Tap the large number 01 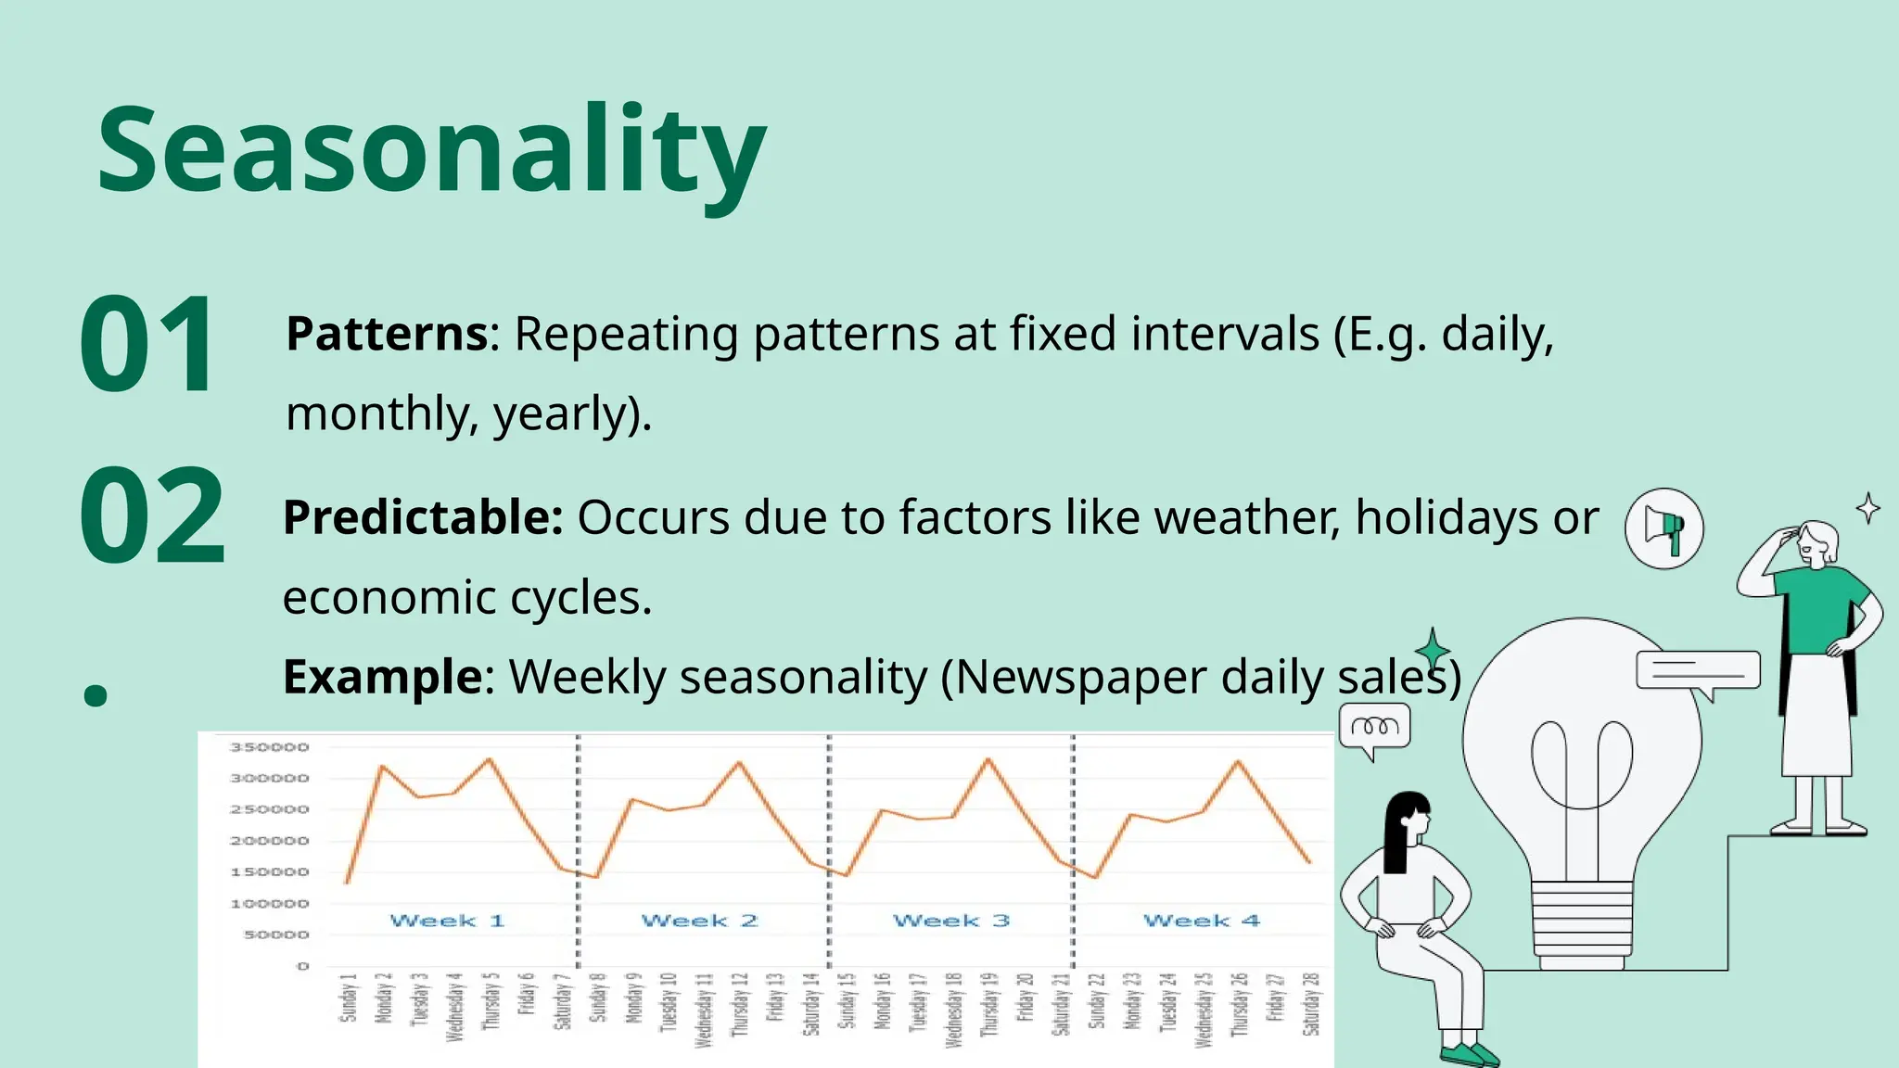click(x=148, y=345)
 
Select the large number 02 click(x=152, y=516)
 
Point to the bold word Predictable click(x=423, y=517)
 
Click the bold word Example click(x=383, y=677)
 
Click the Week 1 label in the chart click(x=447, y=921)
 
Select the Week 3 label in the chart click(x=950, y=921)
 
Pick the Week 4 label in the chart click(x=1201, y=921)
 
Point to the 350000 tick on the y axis click(x=269, y=747)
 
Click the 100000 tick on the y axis click(x=269, y=903)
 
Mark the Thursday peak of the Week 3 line click(x=988, y=759)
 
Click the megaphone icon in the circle click(x=1664, y=528)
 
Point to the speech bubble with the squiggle click(x=1375, y=727)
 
